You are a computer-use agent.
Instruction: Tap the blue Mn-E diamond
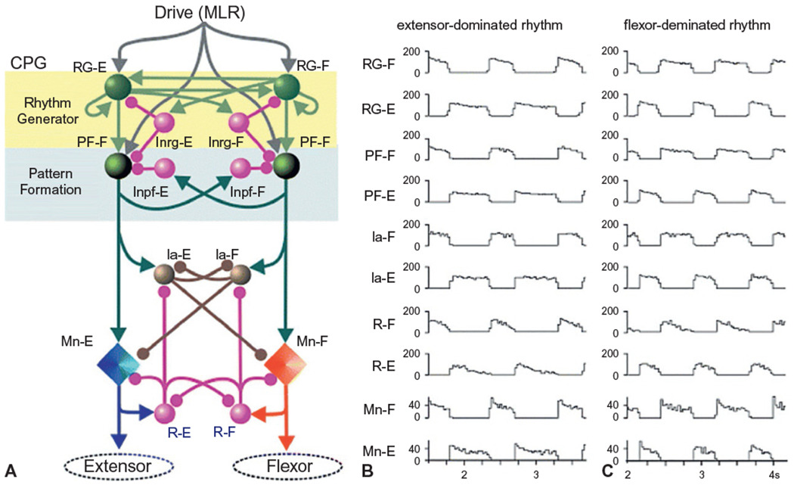[119, 365]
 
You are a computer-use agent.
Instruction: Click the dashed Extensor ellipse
[123, 463]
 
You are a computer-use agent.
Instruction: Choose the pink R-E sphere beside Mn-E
[163, 413]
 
